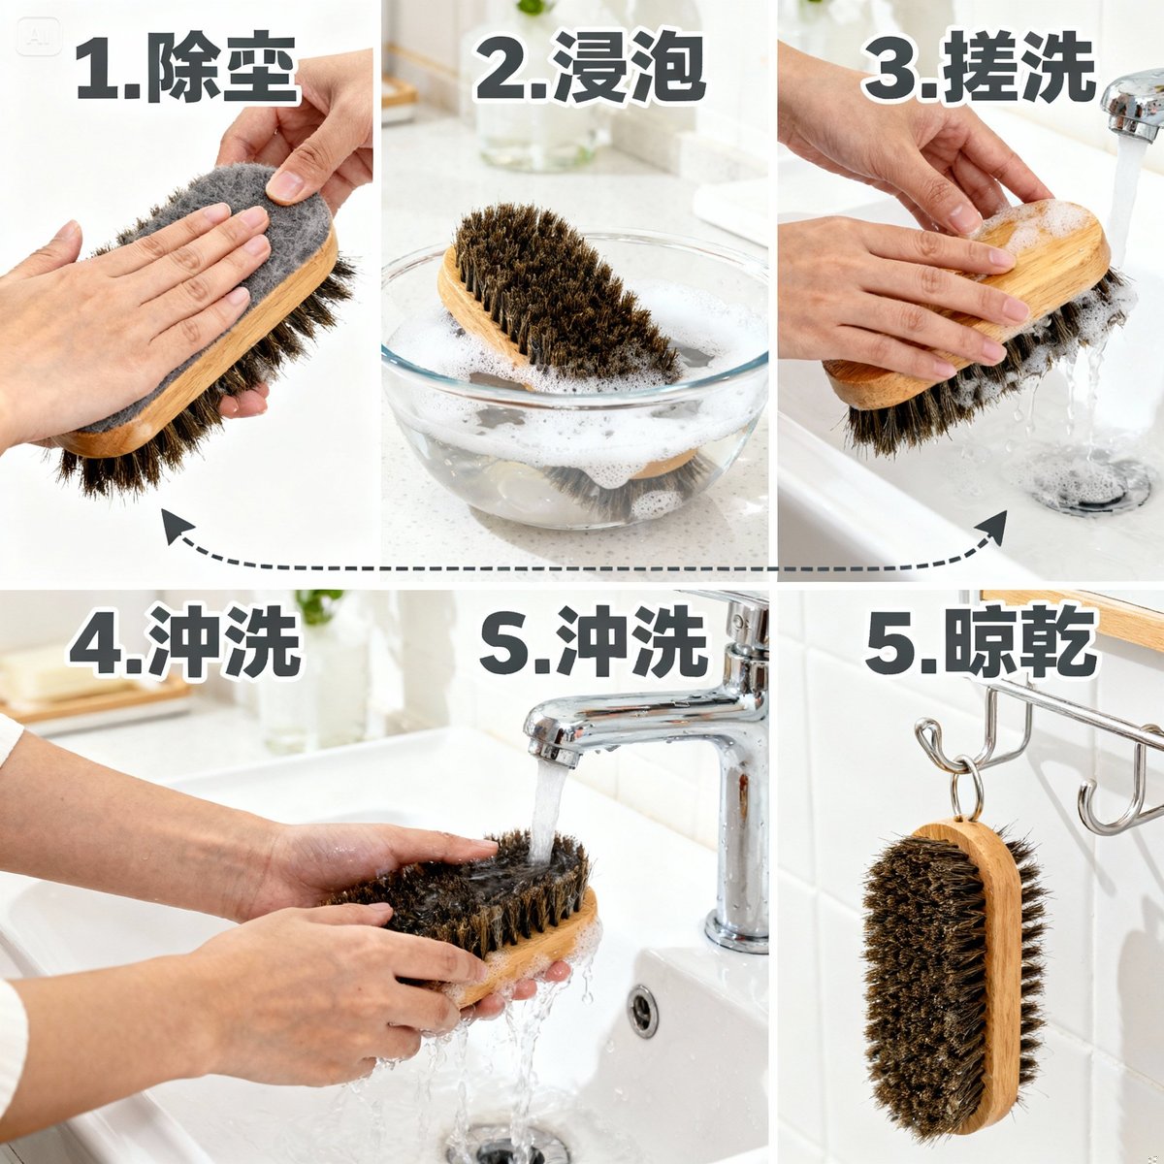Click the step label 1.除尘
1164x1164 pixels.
(x=186, y=71)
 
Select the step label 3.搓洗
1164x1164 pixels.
(x=980, y=71)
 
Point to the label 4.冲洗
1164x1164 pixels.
(x=184, y=643)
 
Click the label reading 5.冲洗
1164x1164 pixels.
(x=594, y=643)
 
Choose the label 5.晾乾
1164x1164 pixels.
(x=981, y=643)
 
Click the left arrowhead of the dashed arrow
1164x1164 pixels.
(x=176, y=527)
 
